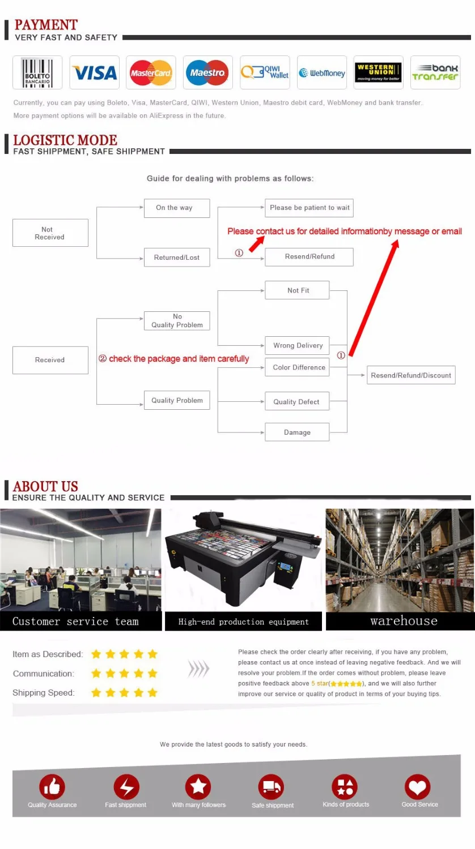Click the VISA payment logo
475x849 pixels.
(95, 72)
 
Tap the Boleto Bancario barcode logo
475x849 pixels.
(37, 72)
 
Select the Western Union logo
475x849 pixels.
(378, 72)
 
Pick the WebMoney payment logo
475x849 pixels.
(321, 72)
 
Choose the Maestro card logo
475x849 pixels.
(207, 72)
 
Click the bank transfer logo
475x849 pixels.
(435, 72)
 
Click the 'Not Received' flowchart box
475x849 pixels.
(50, 233)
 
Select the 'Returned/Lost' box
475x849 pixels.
(177, 258)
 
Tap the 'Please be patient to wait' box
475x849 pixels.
(309, 208)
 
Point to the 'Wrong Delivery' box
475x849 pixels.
(297, 345)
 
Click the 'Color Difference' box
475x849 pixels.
(297, 367)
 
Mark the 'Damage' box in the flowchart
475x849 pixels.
(297, 432)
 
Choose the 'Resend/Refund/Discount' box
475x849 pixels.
(411, 375)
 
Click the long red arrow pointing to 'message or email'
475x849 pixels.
(374, 298)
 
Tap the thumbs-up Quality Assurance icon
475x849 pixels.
(52, 787)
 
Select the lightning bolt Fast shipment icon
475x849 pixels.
(126, 787)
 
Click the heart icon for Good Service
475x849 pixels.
(417, 787)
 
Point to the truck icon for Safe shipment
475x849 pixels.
(271, 787)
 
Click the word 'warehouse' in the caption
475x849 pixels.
(404, 621)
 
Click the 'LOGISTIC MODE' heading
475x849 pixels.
(65, 140)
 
